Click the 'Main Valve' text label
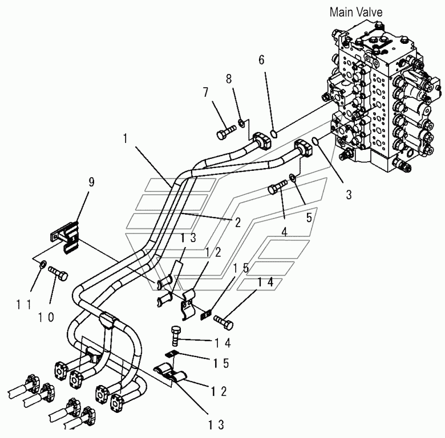356,12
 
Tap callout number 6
261,60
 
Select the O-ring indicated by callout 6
274,134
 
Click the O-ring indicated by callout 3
314,140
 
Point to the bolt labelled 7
226,132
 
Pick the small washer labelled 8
242,123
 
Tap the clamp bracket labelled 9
65,237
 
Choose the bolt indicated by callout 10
58,273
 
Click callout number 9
91,182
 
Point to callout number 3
349,195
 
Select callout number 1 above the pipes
125,138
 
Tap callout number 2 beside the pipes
237,222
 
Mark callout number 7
205,92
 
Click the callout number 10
46,318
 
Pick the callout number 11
23,305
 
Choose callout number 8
229,79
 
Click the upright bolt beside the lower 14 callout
175,336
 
